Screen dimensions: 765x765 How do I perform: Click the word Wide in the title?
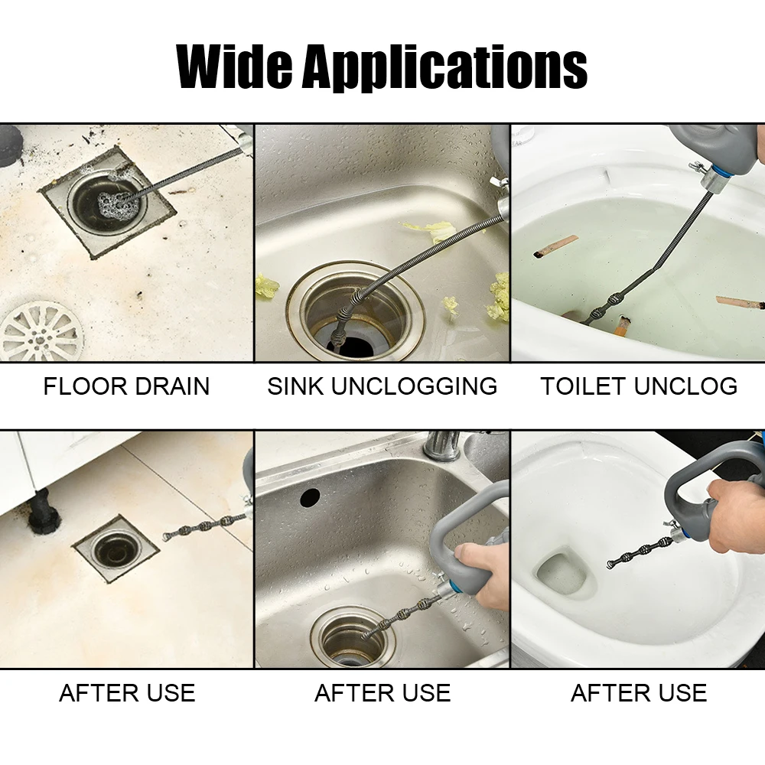click(235, 67)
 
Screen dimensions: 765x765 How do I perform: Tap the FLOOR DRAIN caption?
click(126, 386)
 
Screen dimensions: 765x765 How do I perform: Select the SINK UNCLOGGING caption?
click(382, 386)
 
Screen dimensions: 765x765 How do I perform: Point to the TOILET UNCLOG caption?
click(639, 386)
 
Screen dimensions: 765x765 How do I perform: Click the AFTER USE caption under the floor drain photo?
click(127, 693)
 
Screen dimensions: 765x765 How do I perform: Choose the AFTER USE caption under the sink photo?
click(382, 693)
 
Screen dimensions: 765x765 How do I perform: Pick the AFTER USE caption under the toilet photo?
click(639, 693)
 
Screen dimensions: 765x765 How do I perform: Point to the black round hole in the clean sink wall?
click(310, 497)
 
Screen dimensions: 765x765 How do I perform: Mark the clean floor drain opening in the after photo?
click(116, 548)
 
